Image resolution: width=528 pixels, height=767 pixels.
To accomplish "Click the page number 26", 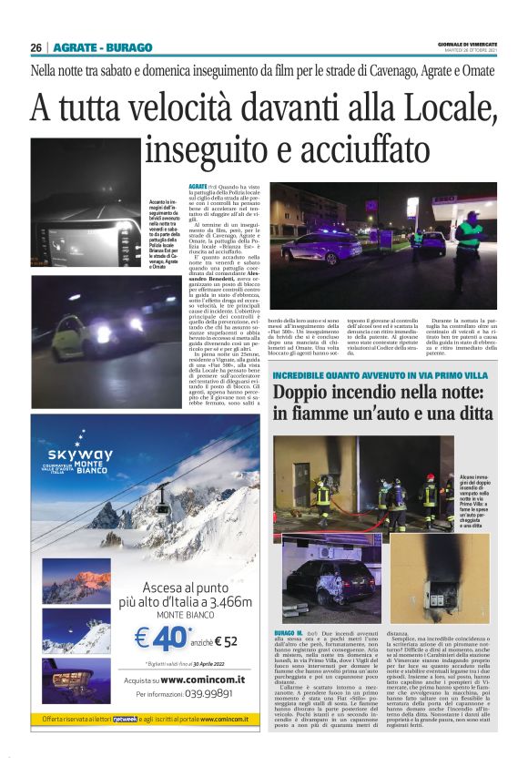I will tap(36, 47).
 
